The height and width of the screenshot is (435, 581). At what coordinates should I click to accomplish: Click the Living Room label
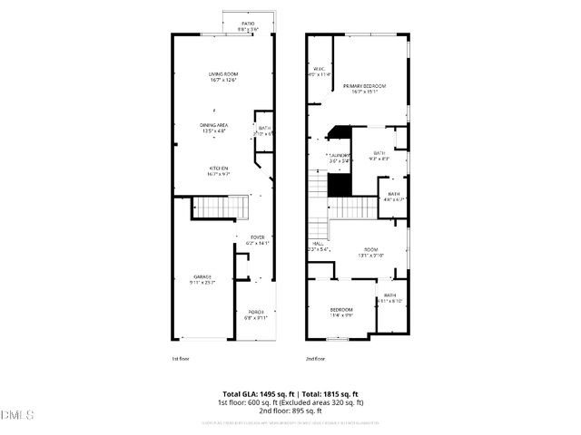click(222, 77)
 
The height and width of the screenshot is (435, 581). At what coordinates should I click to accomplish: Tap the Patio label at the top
click(248, 25)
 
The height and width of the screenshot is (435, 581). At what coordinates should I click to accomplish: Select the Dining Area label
click(214, 128)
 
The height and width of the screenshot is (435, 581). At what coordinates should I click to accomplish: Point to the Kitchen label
click(219, 169)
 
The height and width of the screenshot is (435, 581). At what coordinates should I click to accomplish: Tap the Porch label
click(254, 314)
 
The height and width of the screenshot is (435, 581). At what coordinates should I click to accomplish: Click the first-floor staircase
click(217, 209)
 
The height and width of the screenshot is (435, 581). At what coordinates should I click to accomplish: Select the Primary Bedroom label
click(364, 88)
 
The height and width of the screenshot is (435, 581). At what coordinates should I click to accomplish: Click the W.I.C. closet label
click(320, 72)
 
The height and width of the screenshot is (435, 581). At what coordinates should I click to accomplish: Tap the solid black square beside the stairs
click(339, 184)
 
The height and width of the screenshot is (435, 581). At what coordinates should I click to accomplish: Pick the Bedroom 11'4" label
click(341, 313)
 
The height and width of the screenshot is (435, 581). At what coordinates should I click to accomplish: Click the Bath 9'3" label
click(379, 156)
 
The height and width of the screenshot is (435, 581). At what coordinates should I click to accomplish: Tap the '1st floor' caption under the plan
click(181, 359)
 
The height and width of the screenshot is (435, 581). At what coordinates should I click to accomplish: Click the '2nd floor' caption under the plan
click(315, 359)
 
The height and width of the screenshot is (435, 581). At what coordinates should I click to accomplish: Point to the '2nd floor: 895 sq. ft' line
click(290, 411)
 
